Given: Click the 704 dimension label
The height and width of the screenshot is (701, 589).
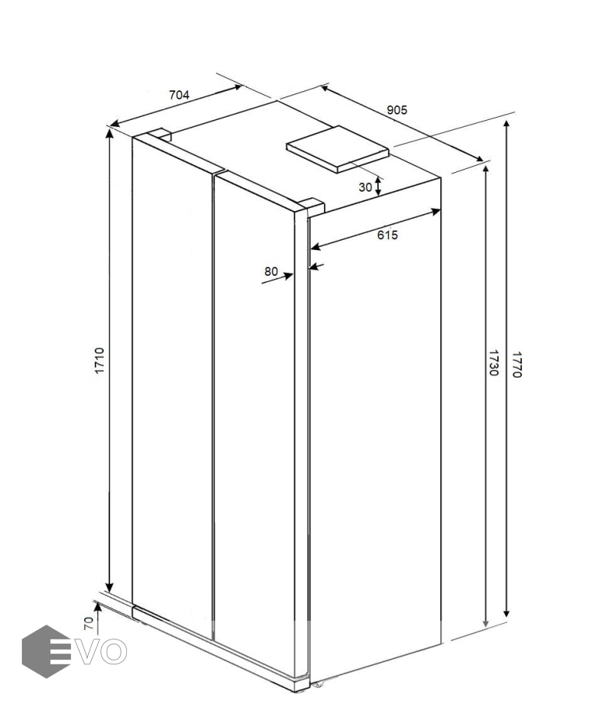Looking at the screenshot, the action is (179, 95).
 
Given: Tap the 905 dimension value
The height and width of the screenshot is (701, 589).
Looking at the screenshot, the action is (397, 110).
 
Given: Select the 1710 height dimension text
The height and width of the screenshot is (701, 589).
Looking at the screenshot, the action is (99, 361).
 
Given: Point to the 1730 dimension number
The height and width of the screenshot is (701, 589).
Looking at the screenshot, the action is (493, 363).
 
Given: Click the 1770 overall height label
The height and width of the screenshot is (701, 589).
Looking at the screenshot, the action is (517, 365).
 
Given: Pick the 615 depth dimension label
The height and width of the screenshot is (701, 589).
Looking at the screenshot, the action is (387, 234).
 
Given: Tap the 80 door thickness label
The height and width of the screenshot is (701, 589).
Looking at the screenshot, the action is (270, 271).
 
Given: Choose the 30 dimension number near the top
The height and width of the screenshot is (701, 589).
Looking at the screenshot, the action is (365, 187).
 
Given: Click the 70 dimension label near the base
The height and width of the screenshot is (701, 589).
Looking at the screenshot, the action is (89, 623).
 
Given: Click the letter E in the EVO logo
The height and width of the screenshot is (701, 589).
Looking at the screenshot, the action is (62, 652).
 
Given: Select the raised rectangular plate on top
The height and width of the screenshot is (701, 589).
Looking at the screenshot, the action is (337, 149).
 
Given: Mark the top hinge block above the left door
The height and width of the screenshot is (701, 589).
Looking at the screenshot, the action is (160, 134).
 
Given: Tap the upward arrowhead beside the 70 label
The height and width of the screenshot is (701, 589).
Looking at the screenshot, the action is (97, 607).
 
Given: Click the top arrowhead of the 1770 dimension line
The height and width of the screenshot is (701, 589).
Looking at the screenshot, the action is (506, 125).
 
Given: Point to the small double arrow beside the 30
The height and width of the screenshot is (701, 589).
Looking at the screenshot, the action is (378, 186).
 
